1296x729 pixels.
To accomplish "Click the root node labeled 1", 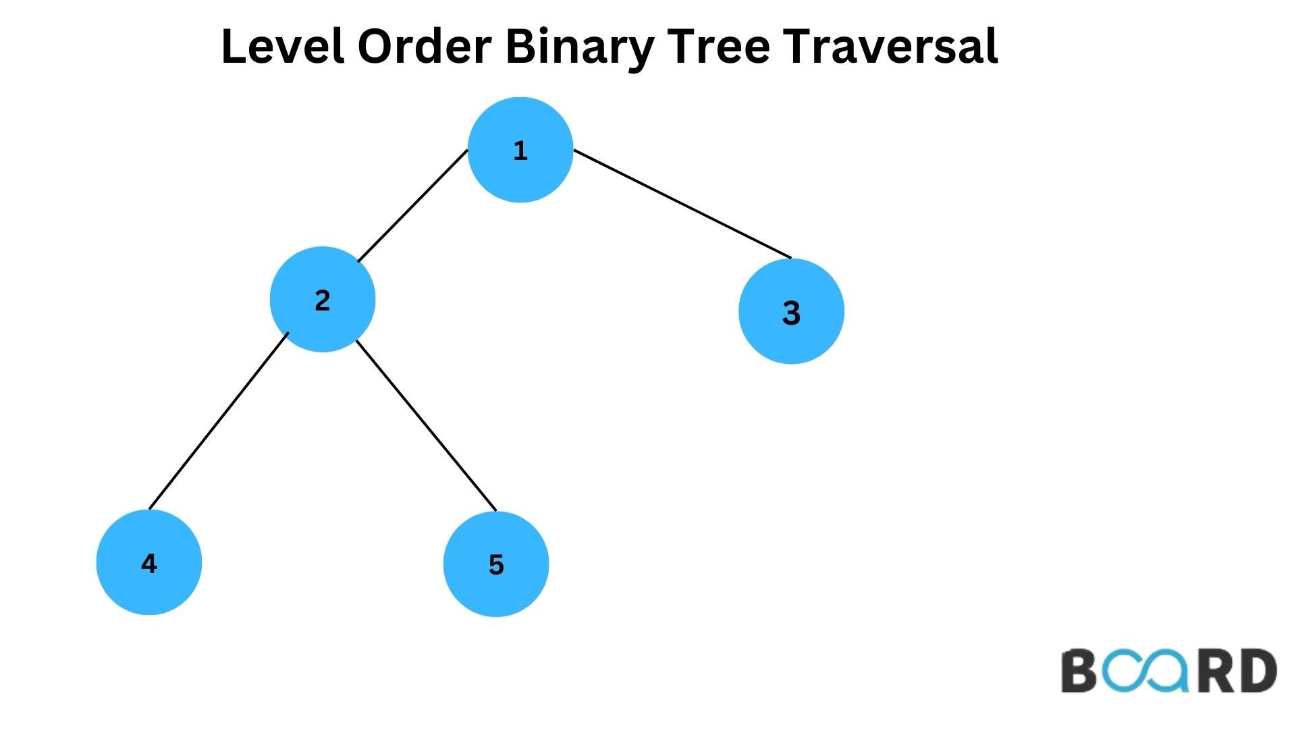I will click(x=520, y=150).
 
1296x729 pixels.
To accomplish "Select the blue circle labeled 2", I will click(x=322, y=299).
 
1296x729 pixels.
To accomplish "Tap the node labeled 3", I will click(x=791, y=312).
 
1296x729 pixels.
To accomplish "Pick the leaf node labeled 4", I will click(x=149, y=562).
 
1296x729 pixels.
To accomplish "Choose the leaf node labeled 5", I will click(x=496, y=564).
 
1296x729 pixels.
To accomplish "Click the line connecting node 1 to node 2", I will click(x=412, y=206).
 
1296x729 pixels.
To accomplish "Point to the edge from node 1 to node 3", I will click(x=682, y=204).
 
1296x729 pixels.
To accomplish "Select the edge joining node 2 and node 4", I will click(x=218, y=421).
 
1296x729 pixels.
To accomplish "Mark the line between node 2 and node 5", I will click(x=426, y=425).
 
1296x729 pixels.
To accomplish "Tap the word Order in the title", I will click(x=423, y=47).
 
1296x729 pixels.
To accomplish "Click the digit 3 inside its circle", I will click(x=791, y=313).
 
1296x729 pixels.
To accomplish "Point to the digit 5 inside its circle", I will click(x=496, y=565).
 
